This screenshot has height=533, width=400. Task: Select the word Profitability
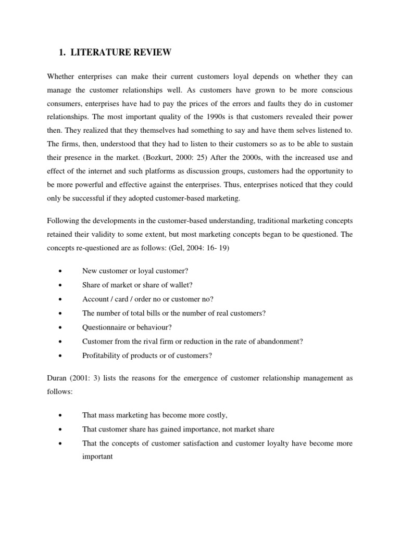coord(101,356)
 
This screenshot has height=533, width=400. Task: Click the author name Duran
coord(57,378)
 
